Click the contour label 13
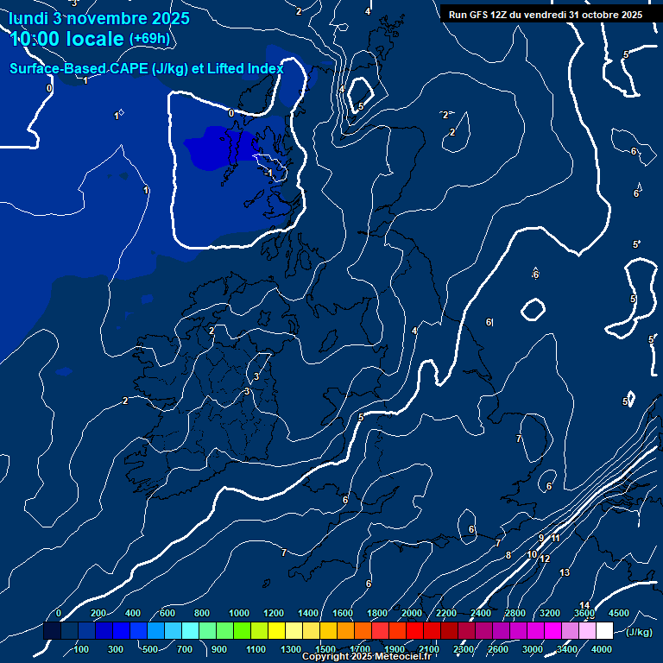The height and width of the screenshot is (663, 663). pos(565,573)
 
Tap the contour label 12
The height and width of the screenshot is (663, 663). pos(545,559)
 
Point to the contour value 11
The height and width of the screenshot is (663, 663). pos(556,539)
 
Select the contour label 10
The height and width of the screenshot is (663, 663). pos(533,554)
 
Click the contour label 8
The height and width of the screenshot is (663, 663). pos(508,555)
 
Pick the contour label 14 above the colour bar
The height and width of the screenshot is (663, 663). pos(584,606)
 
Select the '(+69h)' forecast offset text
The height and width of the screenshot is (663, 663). pos(149,39)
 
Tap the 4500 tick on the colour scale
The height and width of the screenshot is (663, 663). pos(619,613)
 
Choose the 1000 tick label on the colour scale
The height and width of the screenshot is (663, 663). pos(239,613)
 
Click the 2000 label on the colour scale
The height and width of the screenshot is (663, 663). pos(412,613)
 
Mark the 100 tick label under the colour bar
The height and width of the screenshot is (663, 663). pos(83,649)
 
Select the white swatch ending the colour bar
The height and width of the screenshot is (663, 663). pos(604,631)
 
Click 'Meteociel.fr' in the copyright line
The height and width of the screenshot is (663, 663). pos(403,657)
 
